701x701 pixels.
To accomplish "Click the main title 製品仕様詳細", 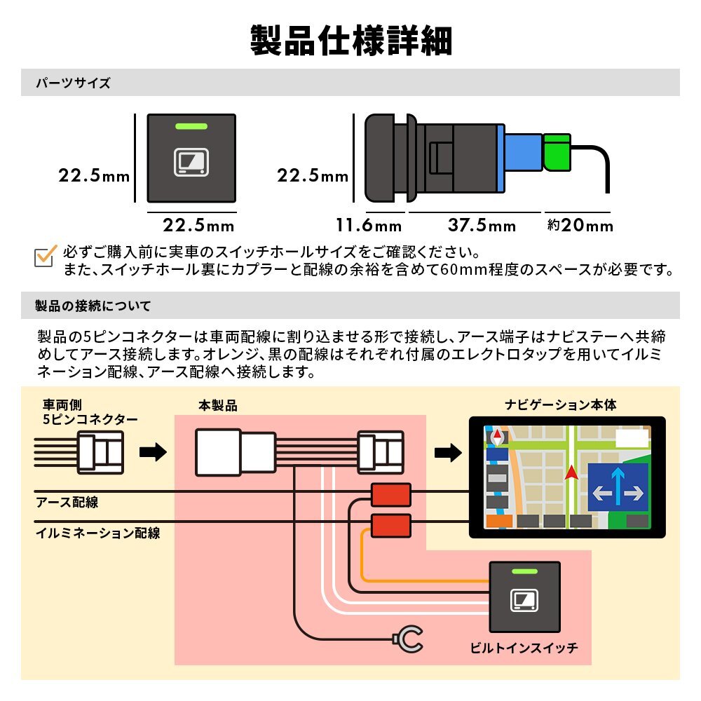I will pos(350,41).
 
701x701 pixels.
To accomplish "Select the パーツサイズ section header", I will pos(73,83).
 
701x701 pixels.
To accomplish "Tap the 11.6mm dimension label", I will pos(369,226).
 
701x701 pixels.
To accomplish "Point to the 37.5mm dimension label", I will pos(482,226).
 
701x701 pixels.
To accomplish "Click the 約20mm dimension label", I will pos(580,226).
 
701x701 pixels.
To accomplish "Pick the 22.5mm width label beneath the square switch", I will pos(198,226).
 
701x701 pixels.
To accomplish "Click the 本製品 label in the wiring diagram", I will pos(218,406).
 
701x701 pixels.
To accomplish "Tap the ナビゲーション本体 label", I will pos(561,405).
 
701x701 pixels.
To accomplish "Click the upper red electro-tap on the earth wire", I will pos(390,495).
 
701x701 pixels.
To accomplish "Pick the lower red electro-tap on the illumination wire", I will pos(390,524).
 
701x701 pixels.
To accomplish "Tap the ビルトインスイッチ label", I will pos(524,648).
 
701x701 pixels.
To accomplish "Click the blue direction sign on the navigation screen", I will pos(617,486).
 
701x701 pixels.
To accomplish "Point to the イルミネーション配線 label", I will pos(98,533).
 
